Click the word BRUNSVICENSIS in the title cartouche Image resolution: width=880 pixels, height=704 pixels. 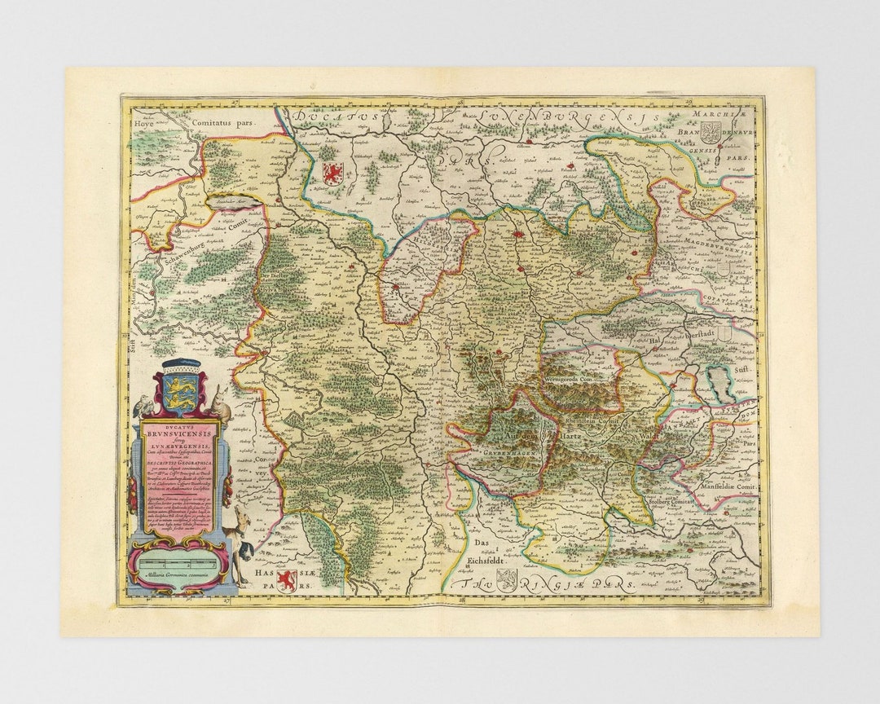click(180, 435)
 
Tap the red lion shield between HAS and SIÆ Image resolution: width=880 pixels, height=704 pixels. click(284, 581)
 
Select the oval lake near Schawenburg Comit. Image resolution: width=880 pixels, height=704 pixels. click(226, 198)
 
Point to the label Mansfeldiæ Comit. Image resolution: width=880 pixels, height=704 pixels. click(728, 485)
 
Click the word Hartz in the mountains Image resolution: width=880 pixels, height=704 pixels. click(574, 438)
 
